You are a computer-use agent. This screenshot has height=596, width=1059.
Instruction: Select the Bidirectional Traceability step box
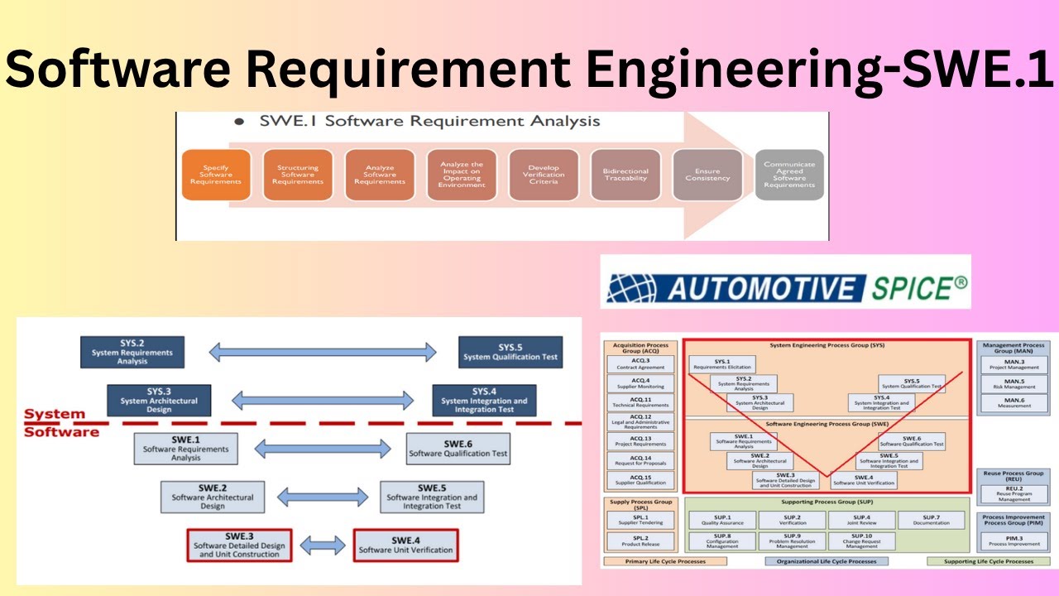[x=625, y=175]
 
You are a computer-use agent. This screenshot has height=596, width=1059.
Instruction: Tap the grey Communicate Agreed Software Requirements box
[x=789, y=175]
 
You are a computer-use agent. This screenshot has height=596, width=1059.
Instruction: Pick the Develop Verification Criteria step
[x=544, y=175]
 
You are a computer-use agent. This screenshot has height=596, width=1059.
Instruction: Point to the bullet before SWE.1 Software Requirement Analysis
[x=239, y=122]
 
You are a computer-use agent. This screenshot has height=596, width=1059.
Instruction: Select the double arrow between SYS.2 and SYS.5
[x=322, y=352]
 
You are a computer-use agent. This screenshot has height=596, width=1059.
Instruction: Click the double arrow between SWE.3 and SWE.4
[x=323, y=545]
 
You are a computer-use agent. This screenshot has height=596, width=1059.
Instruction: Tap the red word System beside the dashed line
[x=55, y=414]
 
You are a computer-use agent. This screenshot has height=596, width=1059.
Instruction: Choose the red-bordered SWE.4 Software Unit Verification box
[x=405, y=545]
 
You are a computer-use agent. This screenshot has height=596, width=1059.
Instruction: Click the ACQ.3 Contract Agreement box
[x=641, y=364]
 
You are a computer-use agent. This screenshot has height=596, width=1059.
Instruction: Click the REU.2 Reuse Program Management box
[x=1013, y=493]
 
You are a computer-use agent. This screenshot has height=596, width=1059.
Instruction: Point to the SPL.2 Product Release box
[x=640, y=541]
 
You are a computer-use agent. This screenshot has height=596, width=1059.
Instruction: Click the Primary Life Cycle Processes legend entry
[x=665, y=561]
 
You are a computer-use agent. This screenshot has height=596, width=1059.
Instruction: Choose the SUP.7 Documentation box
[x=931, y=520]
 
